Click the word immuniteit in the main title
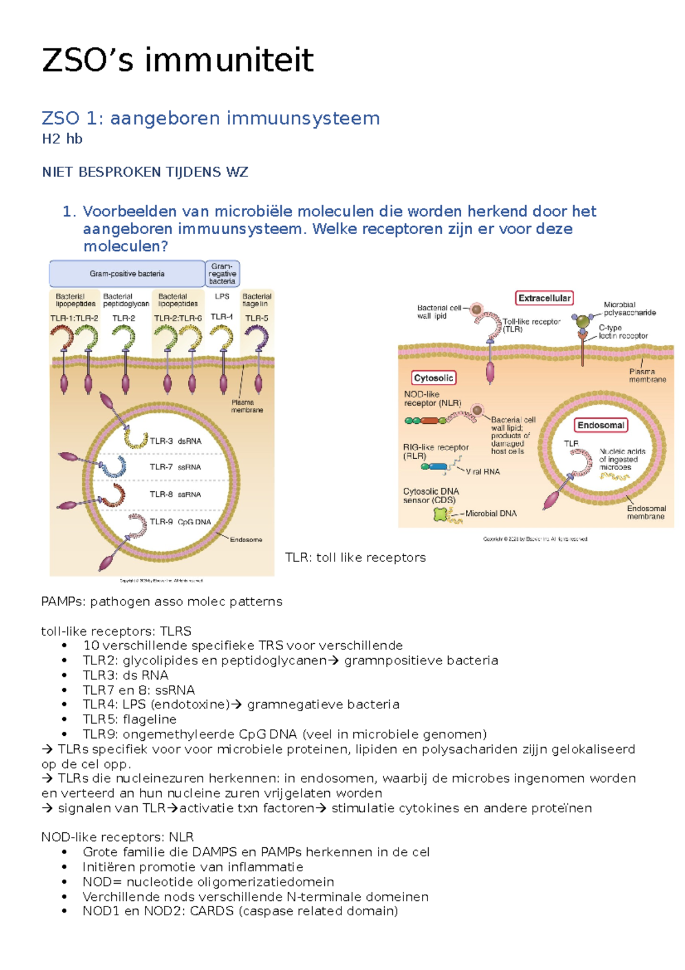(228, 61)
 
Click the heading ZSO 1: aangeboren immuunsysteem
(211, 118)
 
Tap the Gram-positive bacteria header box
(127, 274)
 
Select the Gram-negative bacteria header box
(222, 274)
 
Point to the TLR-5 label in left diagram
(256, 318)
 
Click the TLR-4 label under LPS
(221, 316)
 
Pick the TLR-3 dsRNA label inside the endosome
(175, 441)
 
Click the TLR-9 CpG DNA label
(180, 522)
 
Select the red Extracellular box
(544, 298)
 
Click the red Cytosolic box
(433, 378)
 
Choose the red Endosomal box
(601, 425)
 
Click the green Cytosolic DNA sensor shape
(441, 514)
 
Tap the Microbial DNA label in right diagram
(490, 514)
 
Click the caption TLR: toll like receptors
(355, 558)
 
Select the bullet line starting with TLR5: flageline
(129, 719)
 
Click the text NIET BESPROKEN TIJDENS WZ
(145, 172)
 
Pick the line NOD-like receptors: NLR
(117, 837)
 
